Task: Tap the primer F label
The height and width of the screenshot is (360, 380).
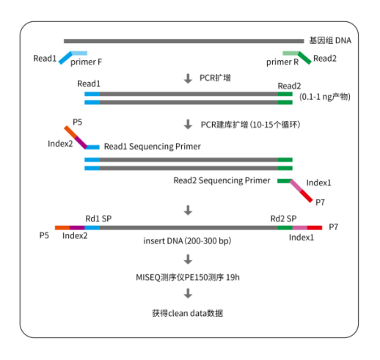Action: pyautogui.click(x=86, y=62)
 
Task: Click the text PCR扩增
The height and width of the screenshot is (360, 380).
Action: pyautogui.click(x=216, y=76)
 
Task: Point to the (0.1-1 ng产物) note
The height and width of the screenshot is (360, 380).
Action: pyautogui.click(x=325, y=97)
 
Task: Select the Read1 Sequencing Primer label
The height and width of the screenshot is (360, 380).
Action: pyautogui.click(x=152, y=147)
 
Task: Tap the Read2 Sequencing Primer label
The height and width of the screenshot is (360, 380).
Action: pyautogui.click(x=222, y=179)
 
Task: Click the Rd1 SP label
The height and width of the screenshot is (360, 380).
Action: pyautogui.click(x=98, y=218)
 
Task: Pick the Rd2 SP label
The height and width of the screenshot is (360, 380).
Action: pyautogui.click(x=283, y=218)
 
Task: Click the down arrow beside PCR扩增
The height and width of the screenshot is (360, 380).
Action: pyautogui.click(x=189, y=77)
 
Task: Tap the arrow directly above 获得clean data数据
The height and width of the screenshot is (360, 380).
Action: pyautogui.click(x=189, y=294)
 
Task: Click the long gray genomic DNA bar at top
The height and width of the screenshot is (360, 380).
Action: pyautogui.click(x=183, y=40)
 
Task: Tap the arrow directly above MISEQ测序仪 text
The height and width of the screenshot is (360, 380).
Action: pyautogui.click(x=189, y=258)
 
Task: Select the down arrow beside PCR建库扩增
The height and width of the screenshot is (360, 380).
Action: pyautogui.click(x=189, y=124)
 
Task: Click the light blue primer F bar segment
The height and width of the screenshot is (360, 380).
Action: pyautogui.click(x=79, y=53)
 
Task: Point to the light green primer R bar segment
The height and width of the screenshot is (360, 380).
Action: pyautogui.click(x=290, y=53)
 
